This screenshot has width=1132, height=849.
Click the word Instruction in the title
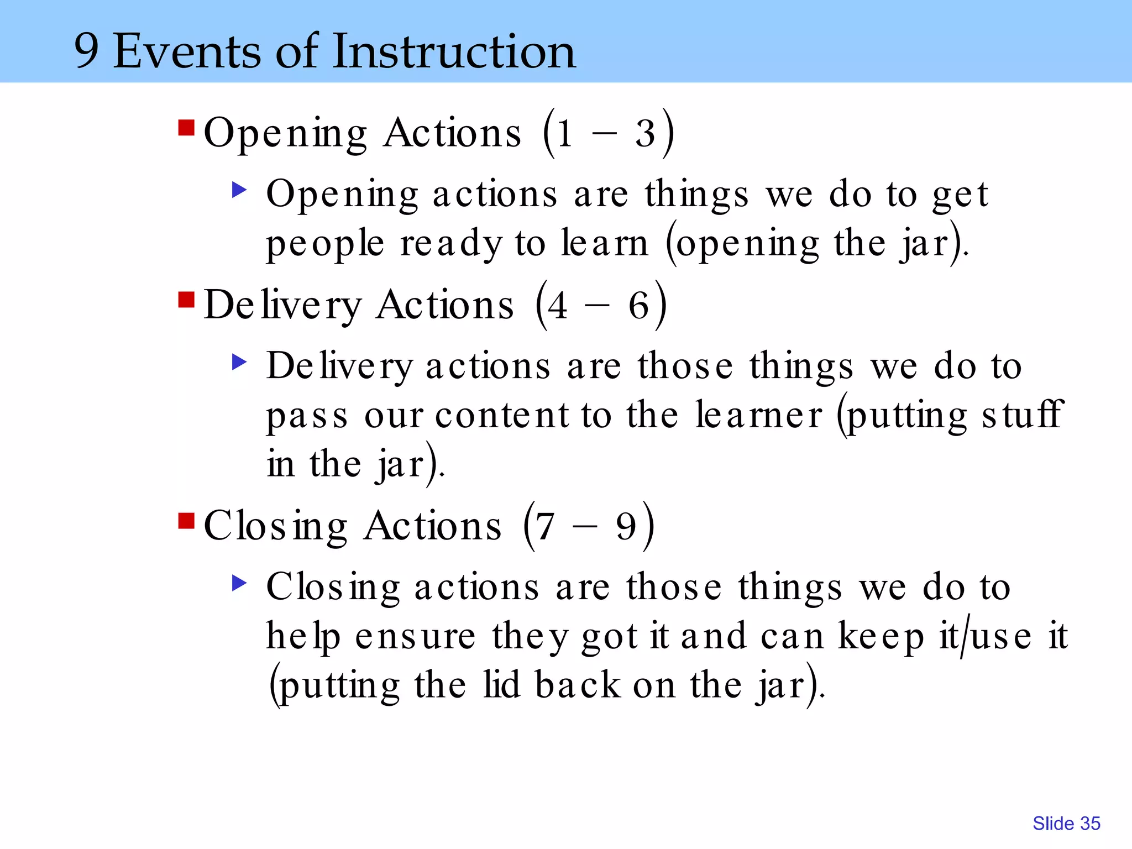click(x=454, y=51)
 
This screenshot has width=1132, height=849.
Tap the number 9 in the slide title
click(x=87, y=51)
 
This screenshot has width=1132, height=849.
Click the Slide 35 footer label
click(x=1066, y=824)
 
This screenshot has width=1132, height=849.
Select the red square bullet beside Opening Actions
click(x=186, y=128)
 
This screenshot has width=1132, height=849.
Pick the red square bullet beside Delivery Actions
click(x=186, y=300)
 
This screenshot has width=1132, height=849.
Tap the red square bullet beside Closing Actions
click(x=186, y=521)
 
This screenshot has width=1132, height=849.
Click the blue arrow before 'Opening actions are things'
click(x=239, y=191)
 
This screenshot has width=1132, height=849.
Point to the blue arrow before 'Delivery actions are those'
click(x=239, y=363)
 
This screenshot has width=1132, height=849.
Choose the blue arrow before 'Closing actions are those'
click(x=239, y=583)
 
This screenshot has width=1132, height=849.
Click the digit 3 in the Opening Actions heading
click(x=645, y=134)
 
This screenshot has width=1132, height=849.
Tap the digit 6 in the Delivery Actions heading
click(x=638, y=306)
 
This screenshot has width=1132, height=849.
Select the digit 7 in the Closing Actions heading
click(x=545, y=527)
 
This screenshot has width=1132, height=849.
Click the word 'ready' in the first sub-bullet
click(x=451, y=244)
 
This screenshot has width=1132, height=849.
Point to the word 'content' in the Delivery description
click(x=502, y=416)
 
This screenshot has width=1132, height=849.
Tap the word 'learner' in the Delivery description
click(x=758, y=416)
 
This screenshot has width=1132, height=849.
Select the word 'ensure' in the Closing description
click(x=415, y=637)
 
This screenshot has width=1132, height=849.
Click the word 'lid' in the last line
click(x=501, y=685)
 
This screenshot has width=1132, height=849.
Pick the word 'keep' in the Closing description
click(x=881, y=637)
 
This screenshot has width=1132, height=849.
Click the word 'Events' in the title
click(x=187, y=51)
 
